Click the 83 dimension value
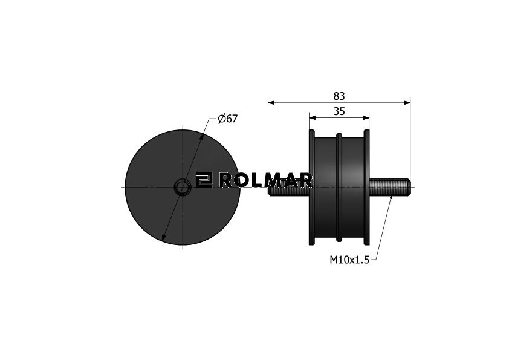[339, 96]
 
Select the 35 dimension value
[339, 111]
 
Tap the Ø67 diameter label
[228, 119]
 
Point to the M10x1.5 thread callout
[349, 260]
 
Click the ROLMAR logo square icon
[204, 180]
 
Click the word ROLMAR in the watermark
[265, 180]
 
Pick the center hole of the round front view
[183, 188]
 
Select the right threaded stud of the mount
[390, 188]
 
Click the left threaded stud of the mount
[288, 188]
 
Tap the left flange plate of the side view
[312, 188]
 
